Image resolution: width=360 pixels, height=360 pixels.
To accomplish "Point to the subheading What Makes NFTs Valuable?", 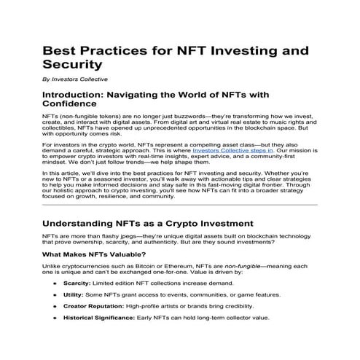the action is (91, 255).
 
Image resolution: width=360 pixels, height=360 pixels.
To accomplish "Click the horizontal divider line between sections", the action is (180, 205).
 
